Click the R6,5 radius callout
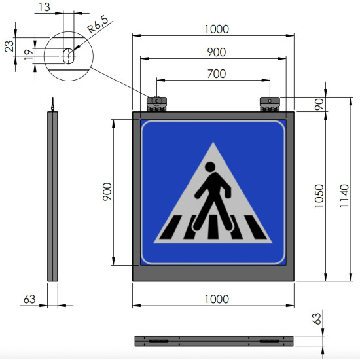point(98,24)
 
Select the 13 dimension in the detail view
point(45,7)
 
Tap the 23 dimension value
point(9,46)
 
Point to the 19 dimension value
point(29,54)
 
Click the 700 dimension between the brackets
point(217,74)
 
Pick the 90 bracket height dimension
point(319,104)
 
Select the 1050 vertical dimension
point(319,196)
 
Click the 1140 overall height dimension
point(344,196)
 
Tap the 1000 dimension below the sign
point(217,299)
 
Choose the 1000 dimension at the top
point(217,29)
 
